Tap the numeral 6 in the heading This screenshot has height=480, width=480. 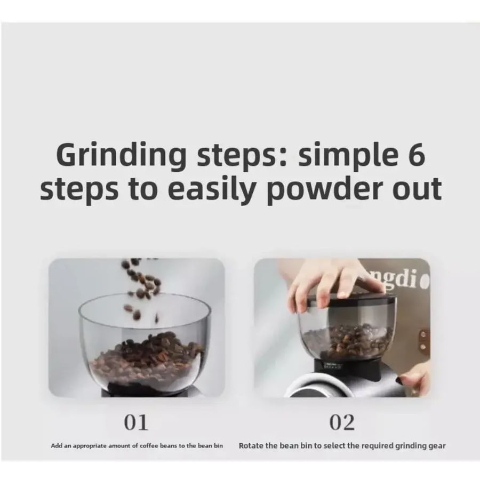[x=417, y=154]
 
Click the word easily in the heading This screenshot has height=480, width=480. [x=212, y=189]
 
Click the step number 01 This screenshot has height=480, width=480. [x=136, y=423]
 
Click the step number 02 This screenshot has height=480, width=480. [x=342, y=423]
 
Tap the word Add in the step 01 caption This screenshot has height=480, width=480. [x=57, y=446]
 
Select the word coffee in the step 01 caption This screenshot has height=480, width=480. [x=149, y=446]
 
